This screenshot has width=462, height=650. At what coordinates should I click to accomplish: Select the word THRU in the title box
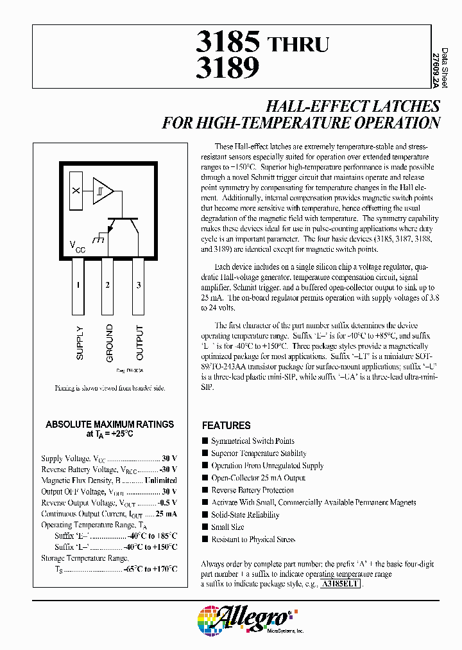[x=298, y=44]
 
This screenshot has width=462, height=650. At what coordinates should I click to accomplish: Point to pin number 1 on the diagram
[x=78, y=285]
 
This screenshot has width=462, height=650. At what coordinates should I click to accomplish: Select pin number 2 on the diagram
[x=108, y=285]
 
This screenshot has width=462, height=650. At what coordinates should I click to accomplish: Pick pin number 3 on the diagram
[x=139, y=285]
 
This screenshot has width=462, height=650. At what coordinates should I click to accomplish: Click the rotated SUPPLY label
[x=80, y=343]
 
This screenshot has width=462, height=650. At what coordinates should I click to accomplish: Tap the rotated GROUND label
[x=110, y=342]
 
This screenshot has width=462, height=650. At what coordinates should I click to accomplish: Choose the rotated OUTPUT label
[x=140, y=342]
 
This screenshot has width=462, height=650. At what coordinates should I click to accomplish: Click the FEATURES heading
[x=227, y=425]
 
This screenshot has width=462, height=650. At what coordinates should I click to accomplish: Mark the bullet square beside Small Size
[x=205, y=527]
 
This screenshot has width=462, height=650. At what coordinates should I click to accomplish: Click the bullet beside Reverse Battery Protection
[x=205, y=490]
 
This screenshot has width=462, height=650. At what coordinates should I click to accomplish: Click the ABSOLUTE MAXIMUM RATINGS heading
[x=110, y=425]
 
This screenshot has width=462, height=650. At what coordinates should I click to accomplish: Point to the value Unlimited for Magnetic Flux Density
[x=160, y=480]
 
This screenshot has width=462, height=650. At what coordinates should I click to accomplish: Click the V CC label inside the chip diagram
[x=77, y=246]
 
